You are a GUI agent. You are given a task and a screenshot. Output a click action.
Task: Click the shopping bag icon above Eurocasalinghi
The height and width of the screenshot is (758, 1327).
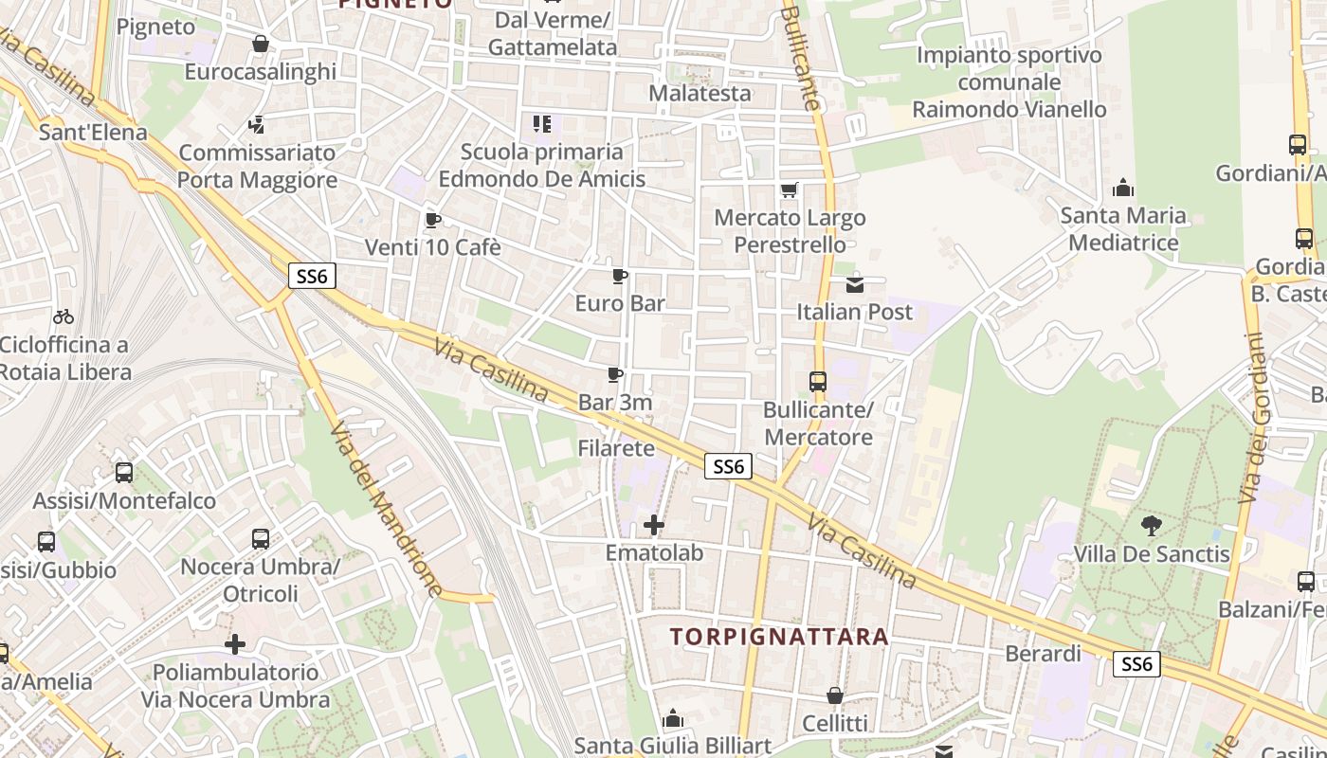[x=261, y=44]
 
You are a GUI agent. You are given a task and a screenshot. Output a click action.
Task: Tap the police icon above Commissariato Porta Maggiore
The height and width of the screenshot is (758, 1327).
[x=256, y=124]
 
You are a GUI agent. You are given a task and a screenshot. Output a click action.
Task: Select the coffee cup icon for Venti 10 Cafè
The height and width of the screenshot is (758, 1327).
[x=432, y=221]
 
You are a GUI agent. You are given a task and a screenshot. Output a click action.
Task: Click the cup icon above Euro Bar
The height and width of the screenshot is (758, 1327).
[x=620, y=277]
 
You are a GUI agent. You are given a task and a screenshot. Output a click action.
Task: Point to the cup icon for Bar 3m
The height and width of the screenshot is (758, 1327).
[x=615, y=375]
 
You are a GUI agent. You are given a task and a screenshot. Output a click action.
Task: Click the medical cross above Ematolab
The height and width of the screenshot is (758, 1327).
[x=654, y=524]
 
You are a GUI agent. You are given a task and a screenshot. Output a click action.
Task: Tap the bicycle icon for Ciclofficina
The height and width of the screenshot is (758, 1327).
[x=64, y=316]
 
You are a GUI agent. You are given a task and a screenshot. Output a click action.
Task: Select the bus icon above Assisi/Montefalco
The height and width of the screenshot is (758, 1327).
[x=124, y=473]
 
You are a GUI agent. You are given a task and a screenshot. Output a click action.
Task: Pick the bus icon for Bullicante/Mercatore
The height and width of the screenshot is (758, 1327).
[x=818, y=382]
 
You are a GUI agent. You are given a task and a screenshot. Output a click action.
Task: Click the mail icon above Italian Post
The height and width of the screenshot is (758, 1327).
[x=855, y=284]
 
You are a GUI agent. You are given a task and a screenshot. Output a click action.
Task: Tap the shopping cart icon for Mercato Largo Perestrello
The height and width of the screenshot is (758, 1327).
[x=790, y=190]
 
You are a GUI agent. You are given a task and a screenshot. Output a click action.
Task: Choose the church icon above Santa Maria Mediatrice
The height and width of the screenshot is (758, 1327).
[x=1123, y=189]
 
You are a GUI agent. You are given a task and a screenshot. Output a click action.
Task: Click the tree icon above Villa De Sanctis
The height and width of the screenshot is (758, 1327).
[x=1152, y=526]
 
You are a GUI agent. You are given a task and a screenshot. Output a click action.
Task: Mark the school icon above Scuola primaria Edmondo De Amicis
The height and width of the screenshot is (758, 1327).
[x=542, y=124]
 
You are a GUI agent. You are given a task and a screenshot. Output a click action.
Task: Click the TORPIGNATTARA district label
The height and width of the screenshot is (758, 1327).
[x=780, y=637]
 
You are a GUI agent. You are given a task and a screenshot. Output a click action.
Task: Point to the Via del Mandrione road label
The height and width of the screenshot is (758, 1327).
[x=386, y=509]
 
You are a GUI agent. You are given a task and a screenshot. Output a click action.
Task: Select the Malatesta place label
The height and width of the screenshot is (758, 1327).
[x=700, y=93]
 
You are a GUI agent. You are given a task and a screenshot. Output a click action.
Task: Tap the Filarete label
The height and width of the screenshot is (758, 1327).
[x=616, y=448]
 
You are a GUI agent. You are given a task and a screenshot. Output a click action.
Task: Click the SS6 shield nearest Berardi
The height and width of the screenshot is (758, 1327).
[x=1136, y=664]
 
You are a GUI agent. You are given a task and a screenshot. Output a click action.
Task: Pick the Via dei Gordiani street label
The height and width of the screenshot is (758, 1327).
[x=1253, y=417]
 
